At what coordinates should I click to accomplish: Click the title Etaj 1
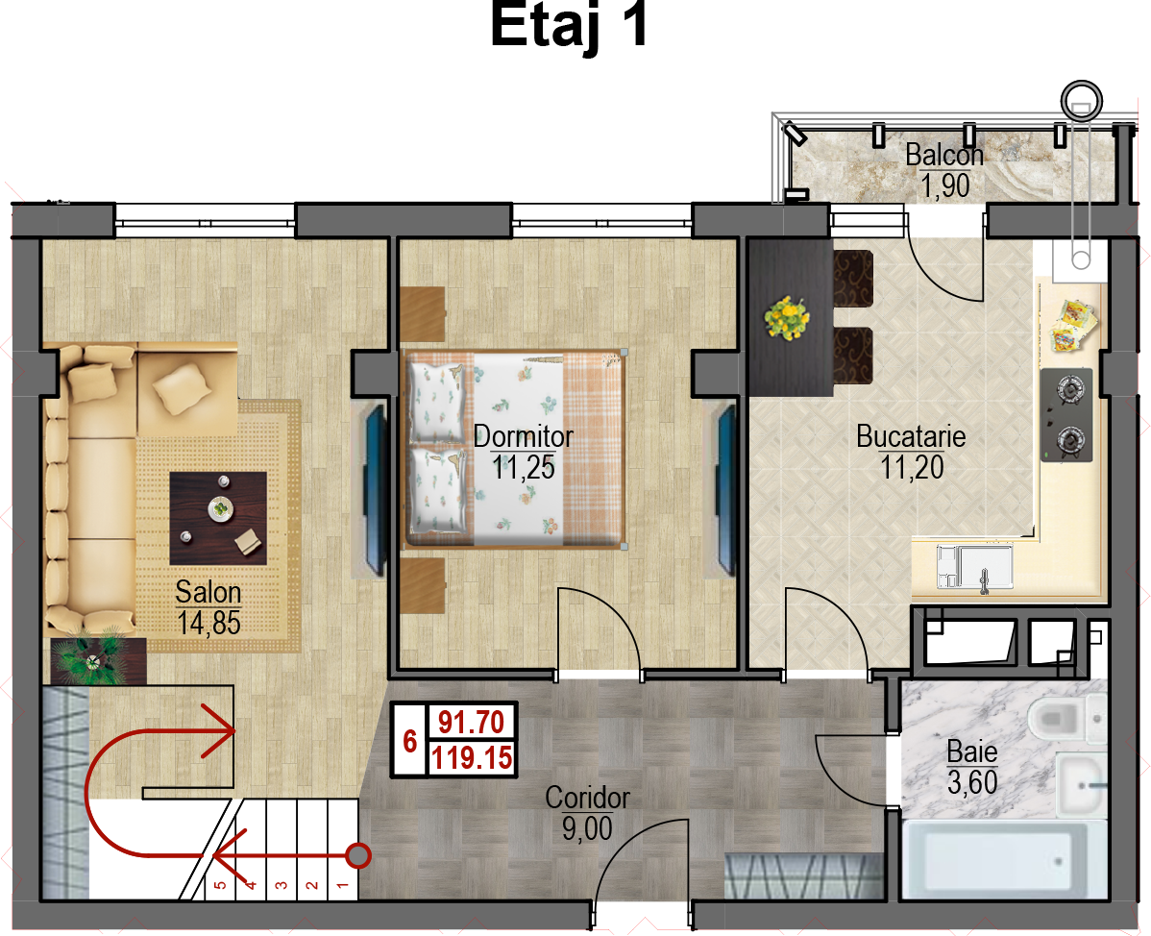click(x=569, y=27)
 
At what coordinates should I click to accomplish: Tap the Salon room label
click(x=208, y=592)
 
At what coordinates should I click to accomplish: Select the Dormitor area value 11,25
click(x=524, y=468)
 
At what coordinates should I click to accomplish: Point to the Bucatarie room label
click(x=910, y=436)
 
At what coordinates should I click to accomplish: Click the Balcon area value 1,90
click(x=945, y=185)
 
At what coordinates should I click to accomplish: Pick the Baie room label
click(x=972, y=751)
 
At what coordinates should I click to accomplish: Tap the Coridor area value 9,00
click(x=586, y=828)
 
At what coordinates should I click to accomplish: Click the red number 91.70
click(x=472, y=723)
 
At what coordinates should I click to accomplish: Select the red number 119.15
click(x=472, y=757)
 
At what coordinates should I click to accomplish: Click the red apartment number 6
click(x=409, y=741)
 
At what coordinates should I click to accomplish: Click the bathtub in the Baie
click(x=1003, y=858)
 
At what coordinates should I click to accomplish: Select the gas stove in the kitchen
click(x=1066, y=415)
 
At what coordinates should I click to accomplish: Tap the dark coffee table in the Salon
click(x=218, y=518)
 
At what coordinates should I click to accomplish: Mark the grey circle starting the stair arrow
click(x=358, y=855)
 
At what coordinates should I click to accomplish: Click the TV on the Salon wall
click(x=375, y=489)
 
